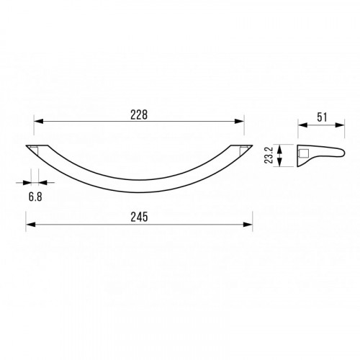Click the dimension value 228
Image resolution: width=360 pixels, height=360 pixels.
pos(139,114)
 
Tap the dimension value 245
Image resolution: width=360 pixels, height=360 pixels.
pos(139,217)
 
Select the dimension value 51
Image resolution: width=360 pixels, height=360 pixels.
pos(322,117)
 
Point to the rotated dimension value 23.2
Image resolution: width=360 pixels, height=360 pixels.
pos(269,156)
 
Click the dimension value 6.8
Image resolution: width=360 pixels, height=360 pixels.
pos(35,197)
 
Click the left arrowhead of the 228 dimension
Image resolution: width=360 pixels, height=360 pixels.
pos(39,122)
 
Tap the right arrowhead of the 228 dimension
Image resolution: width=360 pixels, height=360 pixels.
pos(239,122)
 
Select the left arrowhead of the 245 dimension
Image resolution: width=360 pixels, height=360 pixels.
pos(30,225)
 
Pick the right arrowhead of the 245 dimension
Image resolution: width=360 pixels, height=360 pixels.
pos(248,225)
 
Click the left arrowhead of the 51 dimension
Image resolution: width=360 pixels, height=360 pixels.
pos(303,125)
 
